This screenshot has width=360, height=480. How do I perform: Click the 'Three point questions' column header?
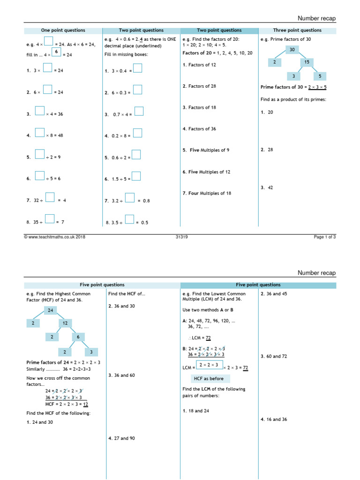[x=297, y=30]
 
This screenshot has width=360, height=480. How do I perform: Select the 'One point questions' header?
[x=63, y=30]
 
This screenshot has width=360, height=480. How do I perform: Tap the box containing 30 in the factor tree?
[x=292, y=50]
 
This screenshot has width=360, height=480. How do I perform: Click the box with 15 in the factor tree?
[x=307, y=62]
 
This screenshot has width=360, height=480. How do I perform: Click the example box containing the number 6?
[x=56, y=52]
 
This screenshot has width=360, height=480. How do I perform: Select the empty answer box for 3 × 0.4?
[x=138, y=68]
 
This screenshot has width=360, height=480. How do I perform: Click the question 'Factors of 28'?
[x=199, y=86]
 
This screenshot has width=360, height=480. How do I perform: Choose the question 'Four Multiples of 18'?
[x=207, y=193]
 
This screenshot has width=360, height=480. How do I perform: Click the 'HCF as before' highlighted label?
[x=210, y=378]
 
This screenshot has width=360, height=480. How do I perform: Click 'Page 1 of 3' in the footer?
[x=324, y=237]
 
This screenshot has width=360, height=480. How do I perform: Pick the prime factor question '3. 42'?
[x=266, y=187]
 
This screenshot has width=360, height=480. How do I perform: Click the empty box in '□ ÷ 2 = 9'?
[x=40, y=155]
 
